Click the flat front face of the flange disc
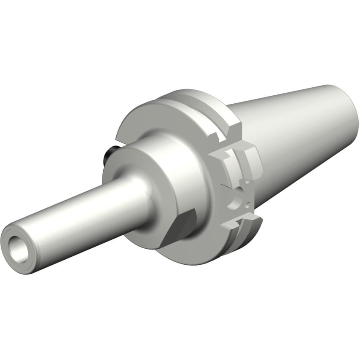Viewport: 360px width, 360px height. pyautogui.click(x=139, y=122)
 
